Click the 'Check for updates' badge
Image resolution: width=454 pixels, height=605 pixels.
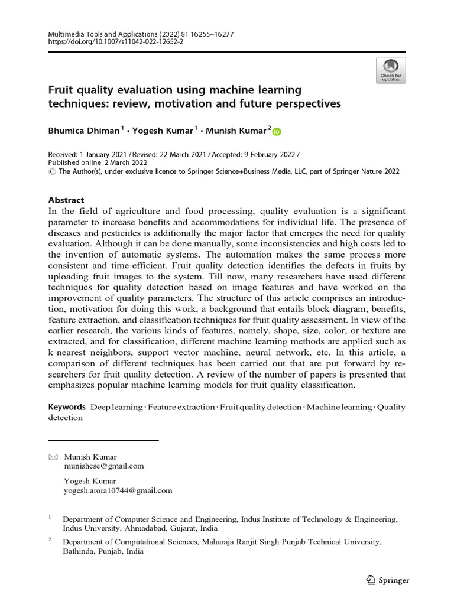pyautogui.click(x=390, y=70)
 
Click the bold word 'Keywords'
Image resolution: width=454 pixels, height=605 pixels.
pyautogui.click(x=67, y=408)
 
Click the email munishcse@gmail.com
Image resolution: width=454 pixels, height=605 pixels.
pyautogui.click(x=103, y=466)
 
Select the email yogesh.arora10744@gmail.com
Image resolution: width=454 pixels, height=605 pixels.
pyautogui.click(x=118, y=490)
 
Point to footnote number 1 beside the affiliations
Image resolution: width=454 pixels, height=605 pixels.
pyautogui.click(x=50, y=517)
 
